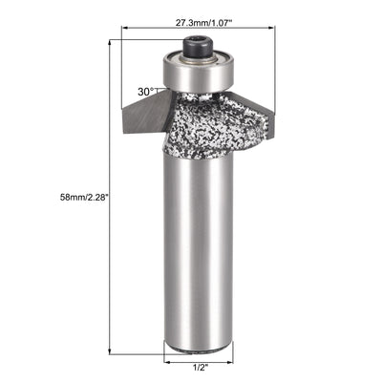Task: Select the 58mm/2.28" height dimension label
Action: tap(68, 198)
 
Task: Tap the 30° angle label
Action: tap(145, 93)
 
